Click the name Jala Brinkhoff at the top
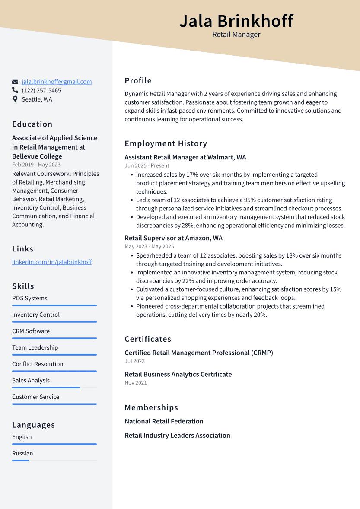coord(236,21)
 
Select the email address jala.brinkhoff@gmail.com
coord(57,82)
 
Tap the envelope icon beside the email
coord(15,82)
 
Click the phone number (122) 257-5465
coord(41,90)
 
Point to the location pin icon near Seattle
coord(15,99)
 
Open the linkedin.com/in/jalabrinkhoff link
coord(52,262)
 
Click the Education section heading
coord(32,124)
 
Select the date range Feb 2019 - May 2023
coord(36,165)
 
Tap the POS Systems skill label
coord(30,298)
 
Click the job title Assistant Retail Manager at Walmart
coord(185,157)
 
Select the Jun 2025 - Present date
coord(147,165)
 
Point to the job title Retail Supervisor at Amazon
coord(174,238)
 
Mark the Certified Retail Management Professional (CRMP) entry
coord(199,353)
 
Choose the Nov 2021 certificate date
coord(136,382)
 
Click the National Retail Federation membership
coord(164,421)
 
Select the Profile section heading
coord(138,80)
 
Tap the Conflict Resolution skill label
coord(38,364)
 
